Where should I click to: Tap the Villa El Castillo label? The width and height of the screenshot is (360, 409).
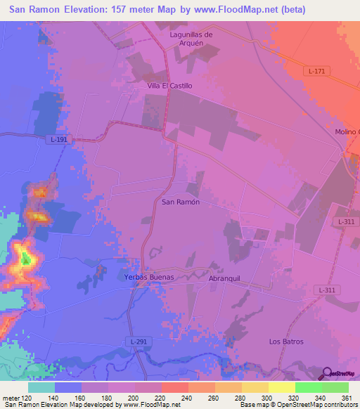point(169,86)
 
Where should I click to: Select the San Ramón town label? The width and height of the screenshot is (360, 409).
point(181,202)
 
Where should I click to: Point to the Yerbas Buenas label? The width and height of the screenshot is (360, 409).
point(149,278)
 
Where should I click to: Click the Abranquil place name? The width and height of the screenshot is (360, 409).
point(224,278)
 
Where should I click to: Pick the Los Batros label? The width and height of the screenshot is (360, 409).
point(286,342)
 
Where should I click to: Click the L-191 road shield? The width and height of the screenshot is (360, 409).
point(60,140)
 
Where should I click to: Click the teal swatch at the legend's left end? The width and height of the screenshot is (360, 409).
point(41,387)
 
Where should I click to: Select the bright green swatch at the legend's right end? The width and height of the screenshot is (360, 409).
point(335,387)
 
